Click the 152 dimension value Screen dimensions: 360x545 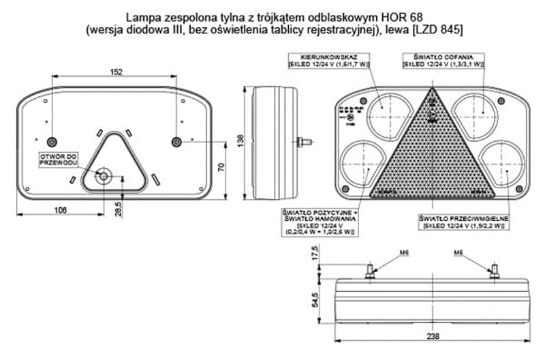pyautogui.click(x=116, y=72)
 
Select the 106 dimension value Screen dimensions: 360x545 pyautogui.click(x=61, y=209)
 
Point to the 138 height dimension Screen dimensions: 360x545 pyautogui.click(x=240, y=140)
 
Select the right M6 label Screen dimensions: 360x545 pyautogui.click(x=460, y=252)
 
